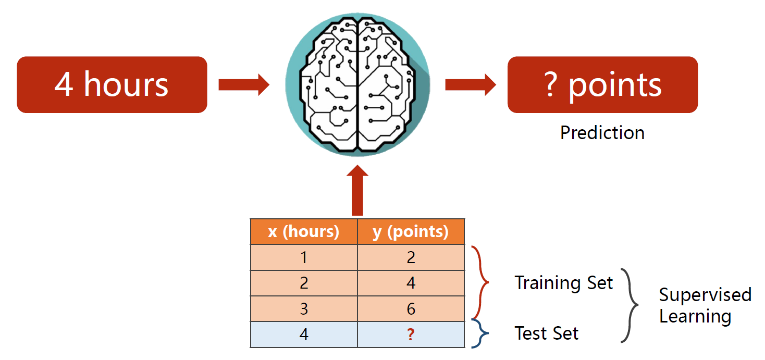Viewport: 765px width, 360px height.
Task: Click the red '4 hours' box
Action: point(112,85)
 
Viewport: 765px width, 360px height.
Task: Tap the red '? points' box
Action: point(602,85)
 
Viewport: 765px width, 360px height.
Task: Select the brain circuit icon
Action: point(357,83)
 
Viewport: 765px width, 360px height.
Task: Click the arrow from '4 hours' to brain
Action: point(243,85)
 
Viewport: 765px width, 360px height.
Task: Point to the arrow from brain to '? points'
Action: point(470,85)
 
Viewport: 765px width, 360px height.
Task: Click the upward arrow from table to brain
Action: point(357,190)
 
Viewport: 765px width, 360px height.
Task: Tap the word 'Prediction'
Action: point(602,133)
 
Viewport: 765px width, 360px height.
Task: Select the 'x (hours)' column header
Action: point(304,232)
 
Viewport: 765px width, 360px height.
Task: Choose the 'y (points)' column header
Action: point(411,232)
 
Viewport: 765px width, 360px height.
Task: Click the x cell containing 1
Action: point(304,257)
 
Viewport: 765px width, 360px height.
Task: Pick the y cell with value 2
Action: point(411,257)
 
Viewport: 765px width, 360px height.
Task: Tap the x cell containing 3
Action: point(304,309)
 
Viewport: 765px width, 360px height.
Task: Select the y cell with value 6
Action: point(411,309)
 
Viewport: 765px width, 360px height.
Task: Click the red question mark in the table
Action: point(411,334)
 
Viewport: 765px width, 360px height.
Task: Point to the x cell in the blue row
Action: point(304,334)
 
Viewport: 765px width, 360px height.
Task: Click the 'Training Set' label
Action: point(564,283)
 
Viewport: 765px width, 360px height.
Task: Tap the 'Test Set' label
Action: point(547,333)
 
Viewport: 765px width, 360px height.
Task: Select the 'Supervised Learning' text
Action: point(705,305)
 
